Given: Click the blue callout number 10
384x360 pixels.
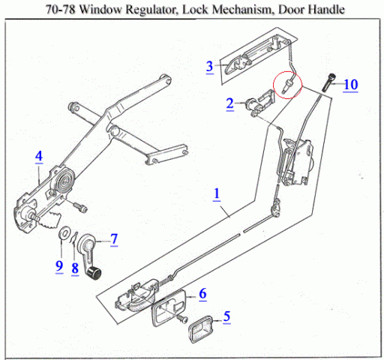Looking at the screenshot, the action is click(351, 85).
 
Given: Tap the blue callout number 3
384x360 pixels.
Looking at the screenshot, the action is click(210, 66).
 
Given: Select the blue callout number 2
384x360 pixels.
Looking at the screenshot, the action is click(230, 103).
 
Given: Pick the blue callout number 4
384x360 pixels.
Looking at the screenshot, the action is click(39, 156).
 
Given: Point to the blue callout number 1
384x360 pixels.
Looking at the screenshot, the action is click(217, 193).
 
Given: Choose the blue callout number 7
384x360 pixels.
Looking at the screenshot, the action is click(114, 239).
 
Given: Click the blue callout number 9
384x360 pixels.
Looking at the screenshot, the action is click(59, 265).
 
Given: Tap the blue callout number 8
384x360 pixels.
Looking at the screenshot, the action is click(75, 268).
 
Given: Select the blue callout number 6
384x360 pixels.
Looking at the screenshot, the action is click(202, 293).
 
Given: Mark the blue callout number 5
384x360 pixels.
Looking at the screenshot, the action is click(226, 316).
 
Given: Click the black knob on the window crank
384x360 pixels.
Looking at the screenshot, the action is click(94, 274).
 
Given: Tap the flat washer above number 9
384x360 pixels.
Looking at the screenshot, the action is click(64, 233).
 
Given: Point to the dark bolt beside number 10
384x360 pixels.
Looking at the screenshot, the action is click(328, 82).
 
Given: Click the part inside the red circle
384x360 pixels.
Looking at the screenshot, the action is click(286, 85).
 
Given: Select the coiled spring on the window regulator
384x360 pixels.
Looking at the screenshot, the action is click(64, 181).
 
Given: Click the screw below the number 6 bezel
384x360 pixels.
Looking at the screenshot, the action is click(183, 319).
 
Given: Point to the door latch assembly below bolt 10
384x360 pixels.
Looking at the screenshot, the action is click(296, 161).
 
